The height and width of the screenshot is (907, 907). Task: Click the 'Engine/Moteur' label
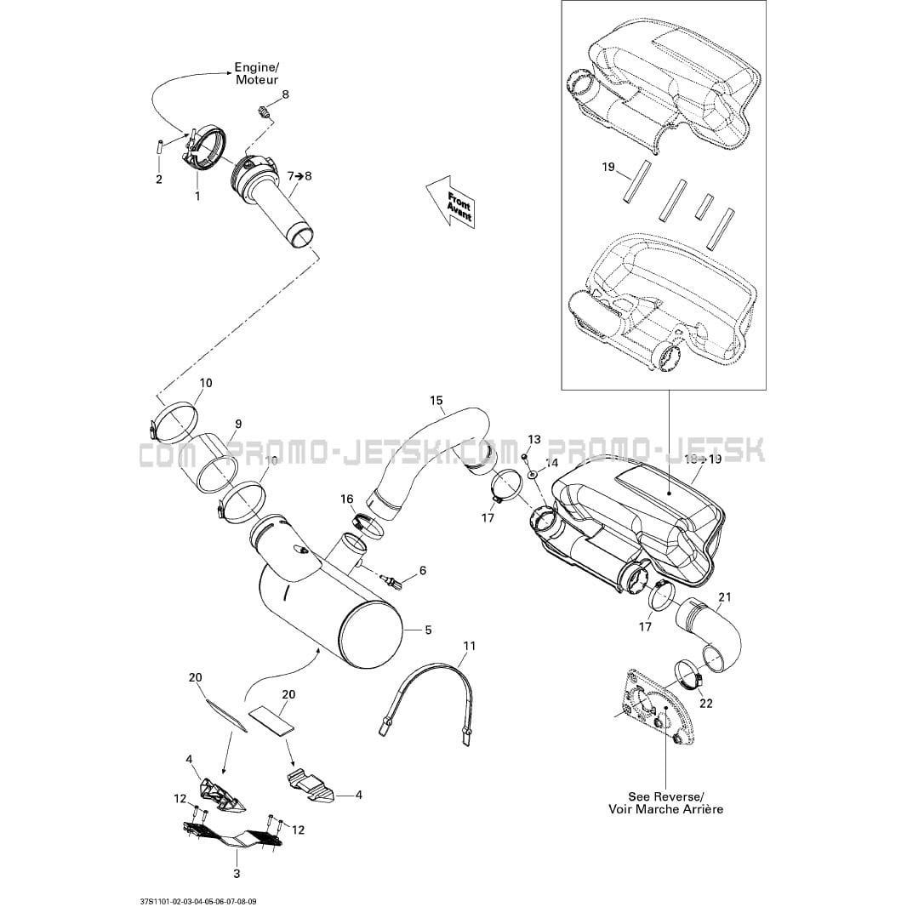pyautogui.click(x=257, y=73)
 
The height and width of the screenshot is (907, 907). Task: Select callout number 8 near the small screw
pyautogui.click(x=285, y=94)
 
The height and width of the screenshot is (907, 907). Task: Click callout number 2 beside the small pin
pyautogui.click(x=158, y=179)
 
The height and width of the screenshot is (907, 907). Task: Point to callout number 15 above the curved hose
pyautogui.click(x=436, y=400)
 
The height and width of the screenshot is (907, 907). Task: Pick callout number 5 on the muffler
pyautogui.click(x=428, y=630)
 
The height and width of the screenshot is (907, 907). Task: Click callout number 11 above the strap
pyautogui.click(x=469, y=646)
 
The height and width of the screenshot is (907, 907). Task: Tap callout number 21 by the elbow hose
pyautogui.click(x=724, y=596)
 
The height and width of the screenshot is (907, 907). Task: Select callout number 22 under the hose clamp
pyautogui.click(x=705, y=703)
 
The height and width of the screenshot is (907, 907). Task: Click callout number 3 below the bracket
pyautogui.click(x=237, y=873)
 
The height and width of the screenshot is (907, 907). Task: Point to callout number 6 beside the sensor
pyautogui.click(x=422, y=570)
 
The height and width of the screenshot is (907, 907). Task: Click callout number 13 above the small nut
pyautogui.click(x=533, y=439)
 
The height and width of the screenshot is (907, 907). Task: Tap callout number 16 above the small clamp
pyautogui.click(x=347, y=499)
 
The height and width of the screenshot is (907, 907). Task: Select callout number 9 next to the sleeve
pyautogui.click(x=238, y=424)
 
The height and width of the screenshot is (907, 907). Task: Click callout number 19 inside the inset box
pyautogui.click(x=608, y=167)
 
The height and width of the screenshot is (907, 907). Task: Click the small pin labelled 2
pyautogui.click(x=158, y=144)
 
